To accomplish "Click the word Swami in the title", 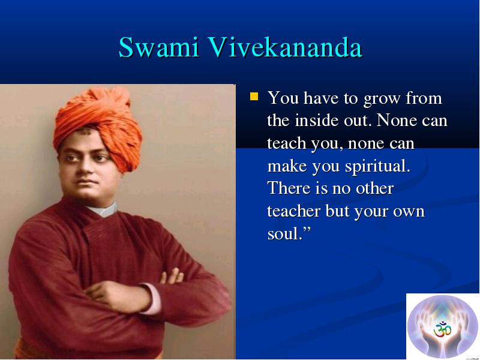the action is tap(159, 47).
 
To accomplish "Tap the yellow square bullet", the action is tap(254, 97).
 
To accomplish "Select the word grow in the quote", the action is tap(382, 99).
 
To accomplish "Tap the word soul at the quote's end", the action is tap(283, 233).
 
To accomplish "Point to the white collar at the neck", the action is tap(103, 210).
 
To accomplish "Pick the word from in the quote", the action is tap(424, 98).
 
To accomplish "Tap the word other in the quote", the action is tap(374, 188).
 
